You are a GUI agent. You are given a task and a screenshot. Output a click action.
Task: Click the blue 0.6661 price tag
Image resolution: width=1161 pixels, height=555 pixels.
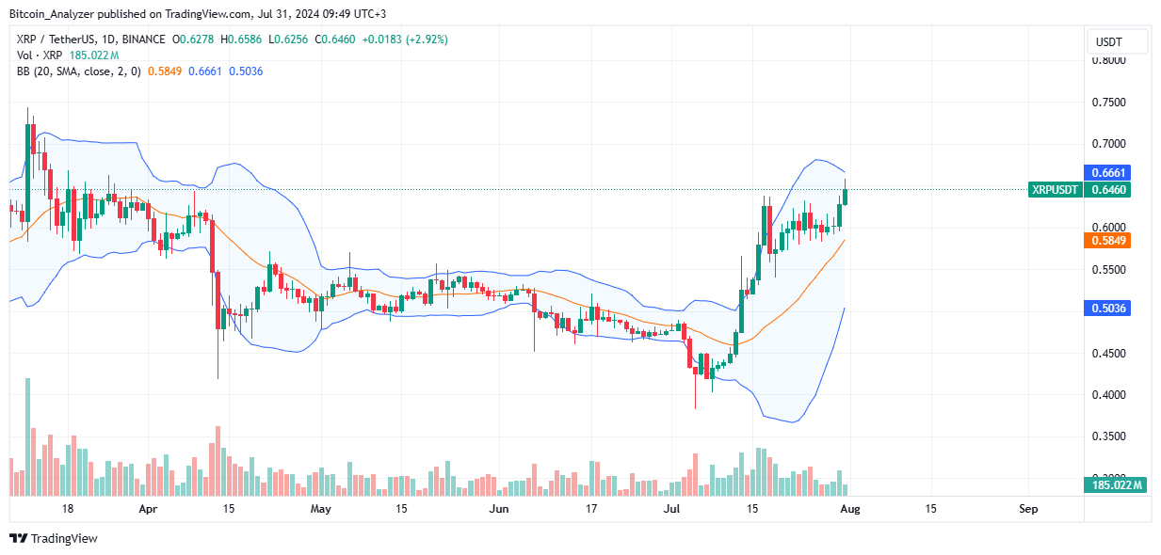(1106, 172)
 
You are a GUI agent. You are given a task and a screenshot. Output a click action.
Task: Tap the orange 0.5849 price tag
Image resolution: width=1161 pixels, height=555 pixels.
(1106, 241)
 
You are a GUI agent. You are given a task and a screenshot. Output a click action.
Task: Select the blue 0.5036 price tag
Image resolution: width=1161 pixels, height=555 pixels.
(1106, 309)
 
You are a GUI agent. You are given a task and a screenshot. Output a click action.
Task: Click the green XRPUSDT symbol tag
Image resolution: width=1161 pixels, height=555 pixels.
(1054, 190)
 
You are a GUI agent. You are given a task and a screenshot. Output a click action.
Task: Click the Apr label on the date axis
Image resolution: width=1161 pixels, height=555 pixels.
(148, 509)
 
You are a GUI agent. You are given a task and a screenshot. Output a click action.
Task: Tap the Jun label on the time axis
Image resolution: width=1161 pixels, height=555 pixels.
(499, 509)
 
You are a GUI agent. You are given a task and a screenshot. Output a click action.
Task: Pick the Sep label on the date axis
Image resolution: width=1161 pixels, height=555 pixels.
(1028, 509)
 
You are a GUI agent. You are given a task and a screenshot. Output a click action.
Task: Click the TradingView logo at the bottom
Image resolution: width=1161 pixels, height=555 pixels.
(54, 539)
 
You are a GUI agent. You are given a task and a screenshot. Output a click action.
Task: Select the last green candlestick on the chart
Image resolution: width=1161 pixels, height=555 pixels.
(846, 197)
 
